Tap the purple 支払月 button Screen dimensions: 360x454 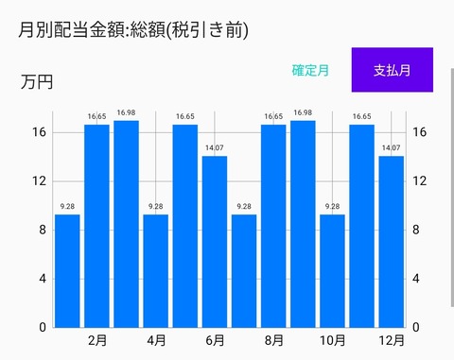(392, 70)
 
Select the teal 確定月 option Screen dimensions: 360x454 (310, 70)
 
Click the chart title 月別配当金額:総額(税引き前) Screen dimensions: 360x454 (133, 30)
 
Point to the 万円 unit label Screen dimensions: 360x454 (36, 82)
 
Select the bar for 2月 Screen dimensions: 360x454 (96, 226)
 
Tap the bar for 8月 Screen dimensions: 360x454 (273, 226)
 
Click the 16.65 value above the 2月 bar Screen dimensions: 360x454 (96, 117)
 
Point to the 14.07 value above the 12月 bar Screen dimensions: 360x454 (391, 148)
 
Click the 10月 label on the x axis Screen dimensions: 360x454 (332, 340)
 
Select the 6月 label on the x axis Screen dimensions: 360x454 (215, 340)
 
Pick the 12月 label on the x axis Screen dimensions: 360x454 (391, 340)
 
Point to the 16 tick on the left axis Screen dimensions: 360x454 (38, 132)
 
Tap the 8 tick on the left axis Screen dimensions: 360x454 (42, 230)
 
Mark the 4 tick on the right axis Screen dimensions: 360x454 (416, 279)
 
